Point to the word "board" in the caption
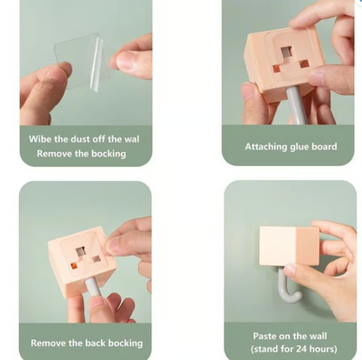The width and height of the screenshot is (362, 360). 325,147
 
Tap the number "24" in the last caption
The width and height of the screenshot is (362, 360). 301,349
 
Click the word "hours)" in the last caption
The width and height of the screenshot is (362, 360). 324,349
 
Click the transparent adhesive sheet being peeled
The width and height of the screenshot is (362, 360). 81,63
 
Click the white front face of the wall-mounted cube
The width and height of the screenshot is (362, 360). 278,246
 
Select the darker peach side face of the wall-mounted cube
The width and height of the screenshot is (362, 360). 307,246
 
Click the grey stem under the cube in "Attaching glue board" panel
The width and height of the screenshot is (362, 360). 294,105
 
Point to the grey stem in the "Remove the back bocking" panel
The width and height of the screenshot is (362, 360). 93,288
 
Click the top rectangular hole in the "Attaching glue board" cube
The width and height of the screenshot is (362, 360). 287,52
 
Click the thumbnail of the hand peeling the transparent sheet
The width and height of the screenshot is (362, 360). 86,63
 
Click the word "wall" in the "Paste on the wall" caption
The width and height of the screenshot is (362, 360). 317,337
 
